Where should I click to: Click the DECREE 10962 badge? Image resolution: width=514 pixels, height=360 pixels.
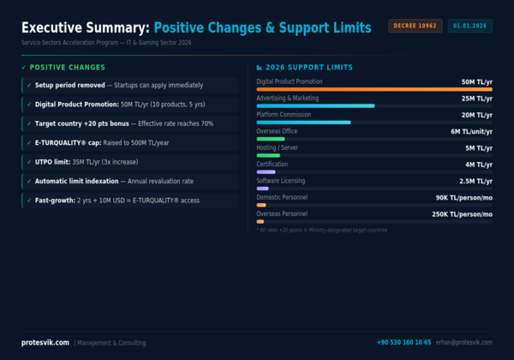pos(416,27)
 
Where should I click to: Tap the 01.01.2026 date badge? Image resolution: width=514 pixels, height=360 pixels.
pos(469,27)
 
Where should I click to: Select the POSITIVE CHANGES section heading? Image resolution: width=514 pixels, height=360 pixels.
pos(67,67)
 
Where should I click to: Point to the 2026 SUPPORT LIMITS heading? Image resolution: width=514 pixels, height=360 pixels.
pos(310,67)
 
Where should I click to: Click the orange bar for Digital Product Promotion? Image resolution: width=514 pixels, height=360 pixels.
pos(374,89)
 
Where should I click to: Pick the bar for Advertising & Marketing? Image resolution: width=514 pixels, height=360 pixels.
pos(315,105)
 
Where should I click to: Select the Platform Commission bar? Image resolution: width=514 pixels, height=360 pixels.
pos(303,122)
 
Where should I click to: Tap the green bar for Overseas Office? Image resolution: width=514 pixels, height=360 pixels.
pos(270,139)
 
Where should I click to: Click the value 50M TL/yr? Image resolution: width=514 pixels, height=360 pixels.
pos(476,81)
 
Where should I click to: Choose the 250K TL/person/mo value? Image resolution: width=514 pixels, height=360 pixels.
pos(463,213)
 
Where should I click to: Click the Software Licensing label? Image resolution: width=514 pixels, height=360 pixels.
pos(281,181)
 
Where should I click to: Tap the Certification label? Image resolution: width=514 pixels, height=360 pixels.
pos(272,164)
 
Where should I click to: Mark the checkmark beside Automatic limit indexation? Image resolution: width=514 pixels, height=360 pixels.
pos(29,181)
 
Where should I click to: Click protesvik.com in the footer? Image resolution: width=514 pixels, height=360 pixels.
pos(45,342)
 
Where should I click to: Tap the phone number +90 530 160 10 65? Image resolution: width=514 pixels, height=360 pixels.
pos(403,342)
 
